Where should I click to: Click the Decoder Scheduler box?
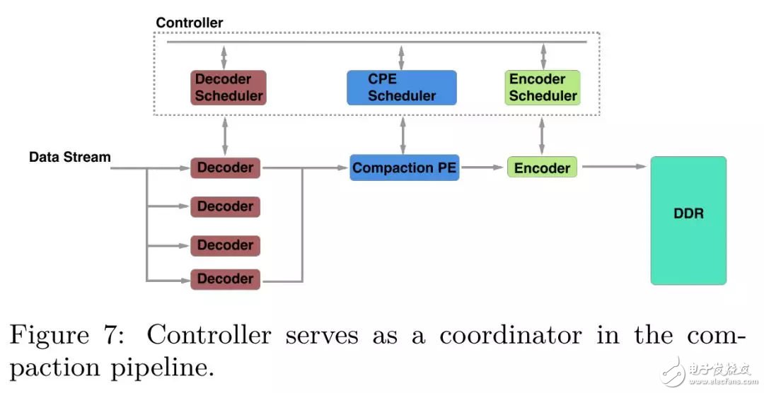point(228,88)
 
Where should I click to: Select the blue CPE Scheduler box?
point(401,88)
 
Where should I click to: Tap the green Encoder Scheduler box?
point(543,88)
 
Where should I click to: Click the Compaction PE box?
point(404,168)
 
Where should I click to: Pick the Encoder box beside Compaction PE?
point(542,168)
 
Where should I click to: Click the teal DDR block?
point(688,220)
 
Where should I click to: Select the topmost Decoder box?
point(225,168)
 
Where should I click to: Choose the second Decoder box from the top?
point(225,206)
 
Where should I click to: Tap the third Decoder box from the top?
point(225,245)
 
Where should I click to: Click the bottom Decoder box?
point(225,279)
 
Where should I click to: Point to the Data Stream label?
point(69,157)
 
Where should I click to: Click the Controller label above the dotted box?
point(189,23)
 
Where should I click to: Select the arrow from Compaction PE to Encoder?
point(483,168)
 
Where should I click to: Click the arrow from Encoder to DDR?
point(613,167)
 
